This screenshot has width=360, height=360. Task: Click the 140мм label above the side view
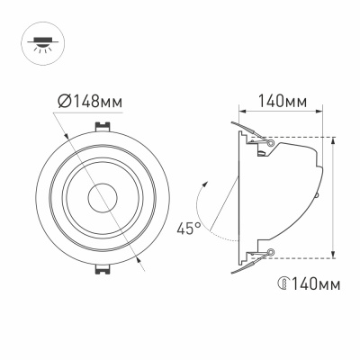[x=278, y=101]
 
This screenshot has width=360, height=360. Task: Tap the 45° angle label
[x=188, y=229]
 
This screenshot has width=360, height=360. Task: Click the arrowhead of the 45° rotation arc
[x=204, y=184]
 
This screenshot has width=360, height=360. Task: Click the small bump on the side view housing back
[x=318, y=192]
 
